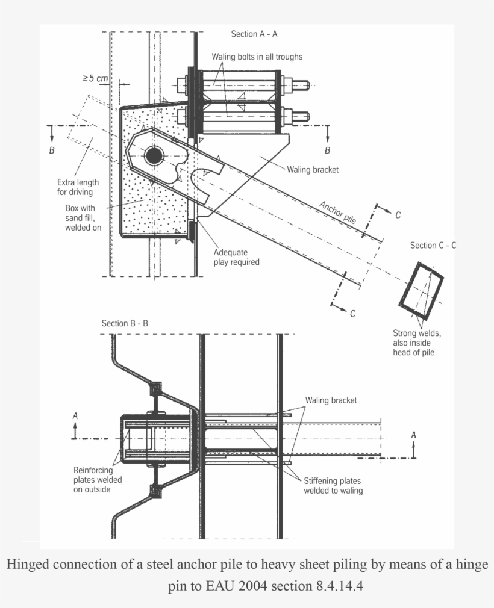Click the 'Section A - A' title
[x=254, y=34]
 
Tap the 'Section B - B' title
[x=125, y=323]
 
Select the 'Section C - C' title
[x=433, y=245]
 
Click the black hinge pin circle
[x=154, y=156]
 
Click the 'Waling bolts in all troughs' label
[x=257, y=57]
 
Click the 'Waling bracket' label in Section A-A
[x=313, y=170]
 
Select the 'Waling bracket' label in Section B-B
[x=331, y=400]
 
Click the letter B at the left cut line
[x=52, y=150]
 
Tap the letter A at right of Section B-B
[x=413, y=435]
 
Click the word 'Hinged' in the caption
[x=28, y=565]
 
